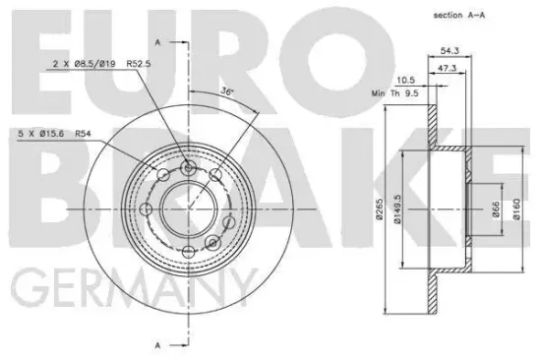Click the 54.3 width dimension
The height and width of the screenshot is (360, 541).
[450, 51]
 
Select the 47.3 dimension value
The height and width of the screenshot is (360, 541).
[447, 68]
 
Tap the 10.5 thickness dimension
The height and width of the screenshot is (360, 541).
[405, 81]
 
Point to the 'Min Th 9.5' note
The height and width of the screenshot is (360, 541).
[395, 93]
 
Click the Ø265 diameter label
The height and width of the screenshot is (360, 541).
[380, 209]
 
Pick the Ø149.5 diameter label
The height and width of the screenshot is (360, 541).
[397, 209]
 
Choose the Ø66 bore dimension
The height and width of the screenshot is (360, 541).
[496, 210]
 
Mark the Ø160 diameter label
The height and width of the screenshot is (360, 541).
[516, 209]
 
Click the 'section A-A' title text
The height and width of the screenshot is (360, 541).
[459, 15]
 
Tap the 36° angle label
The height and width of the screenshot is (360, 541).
[227, 91]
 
